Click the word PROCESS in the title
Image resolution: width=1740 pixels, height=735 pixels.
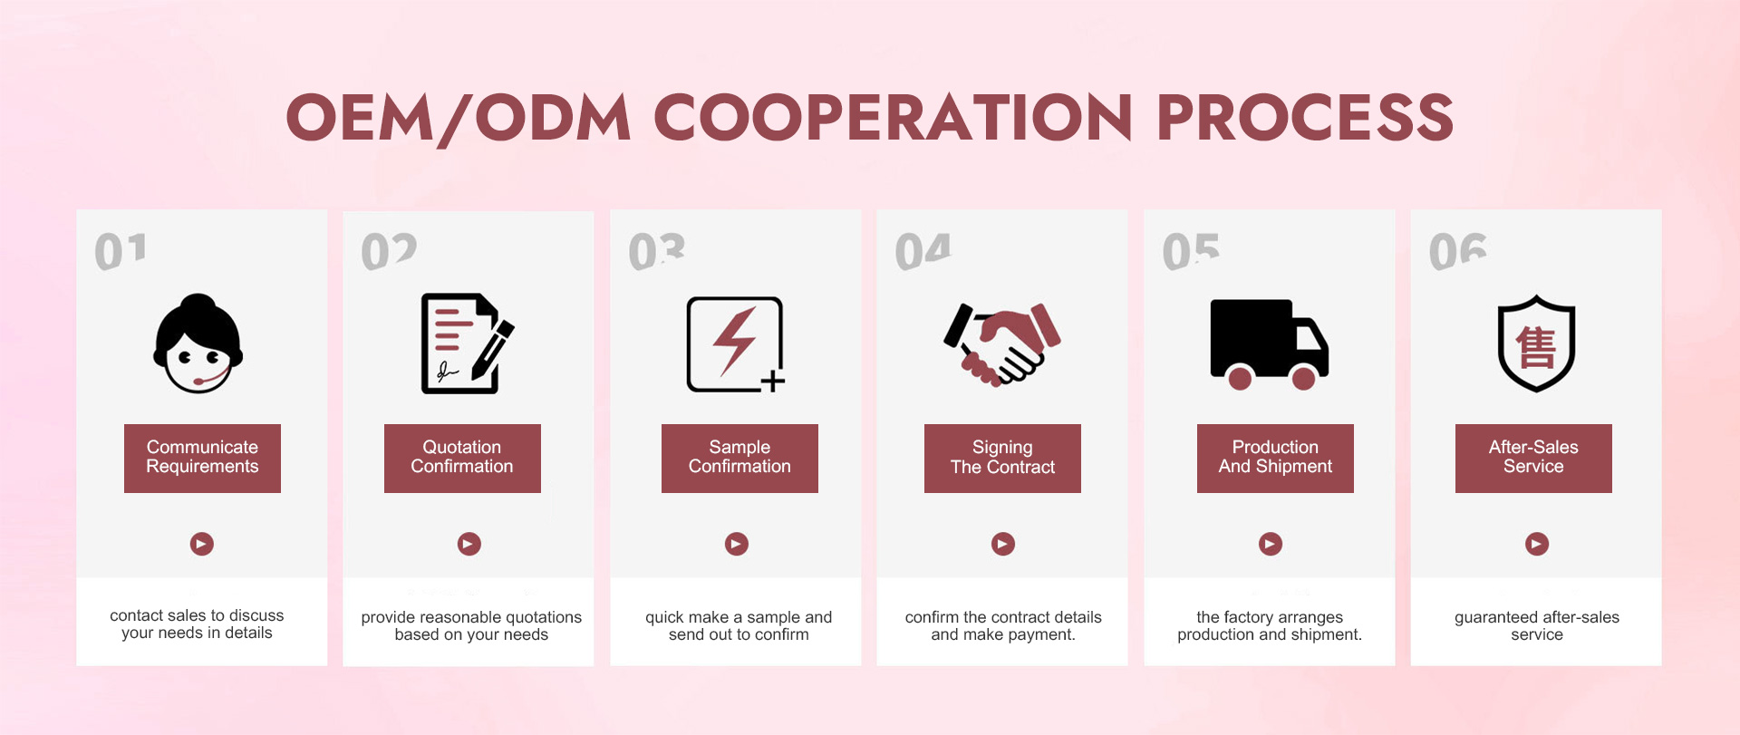[1305, 117]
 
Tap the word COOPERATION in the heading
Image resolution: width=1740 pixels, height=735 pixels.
[893, 117]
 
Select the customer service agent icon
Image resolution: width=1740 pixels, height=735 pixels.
[198, 343]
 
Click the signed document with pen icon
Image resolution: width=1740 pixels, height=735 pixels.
[467, 343]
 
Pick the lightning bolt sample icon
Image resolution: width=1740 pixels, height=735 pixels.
[736, 344]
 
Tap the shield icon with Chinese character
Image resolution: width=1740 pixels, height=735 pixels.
[1536, 343]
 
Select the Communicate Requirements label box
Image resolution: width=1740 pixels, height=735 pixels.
[202, 458]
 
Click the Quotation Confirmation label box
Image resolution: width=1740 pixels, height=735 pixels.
[462, 458]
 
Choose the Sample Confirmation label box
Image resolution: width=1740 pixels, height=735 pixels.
[739, 458]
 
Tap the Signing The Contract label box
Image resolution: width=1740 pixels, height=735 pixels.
[1002, 458]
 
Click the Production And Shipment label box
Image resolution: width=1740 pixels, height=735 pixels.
[1275, 458]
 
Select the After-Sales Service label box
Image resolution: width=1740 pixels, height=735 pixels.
[1533, 458]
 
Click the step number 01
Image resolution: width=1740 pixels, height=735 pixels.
[121, 251]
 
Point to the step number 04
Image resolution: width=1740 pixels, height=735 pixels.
[923, 251]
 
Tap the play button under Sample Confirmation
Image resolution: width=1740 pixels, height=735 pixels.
[737, 544]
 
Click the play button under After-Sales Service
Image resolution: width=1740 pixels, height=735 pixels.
[1537, 544]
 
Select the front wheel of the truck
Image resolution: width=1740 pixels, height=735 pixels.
[1303, 378]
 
